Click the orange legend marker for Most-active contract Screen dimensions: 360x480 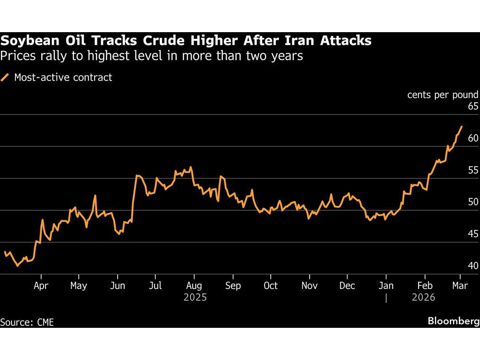pos(6,77)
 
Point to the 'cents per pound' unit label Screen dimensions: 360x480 pos(443,95)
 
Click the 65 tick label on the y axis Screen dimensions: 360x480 pos(472,107)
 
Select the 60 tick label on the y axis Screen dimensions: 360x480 pos(472,138)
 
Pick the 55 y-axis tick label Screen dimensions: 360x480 pos(472,170)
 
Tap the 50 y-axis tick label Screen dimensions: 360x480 pos(472,202)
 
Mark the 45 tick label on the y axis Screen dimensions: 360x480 pos(472,234)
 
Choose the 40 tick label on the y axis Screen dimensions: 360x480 pos(472,266)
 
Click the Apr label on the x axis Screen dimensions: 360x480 pos(41,286)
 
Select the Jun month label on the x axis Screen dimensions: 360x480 pos(118,286)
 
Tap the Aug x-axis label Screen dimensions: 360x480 pos(194,286)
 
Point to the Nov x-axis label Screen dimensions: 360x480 pos(310,286)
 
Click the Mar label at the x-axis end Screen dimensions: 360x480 pos(460,286)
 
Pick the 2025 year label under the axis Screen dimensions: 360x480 pos(195,298)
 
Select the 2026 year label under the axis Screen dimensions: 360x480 pos(423,298)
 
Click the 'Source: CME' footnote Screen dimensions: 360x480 pos(27,322)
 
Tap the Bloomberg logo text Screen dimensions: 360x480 pos(454,321)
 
